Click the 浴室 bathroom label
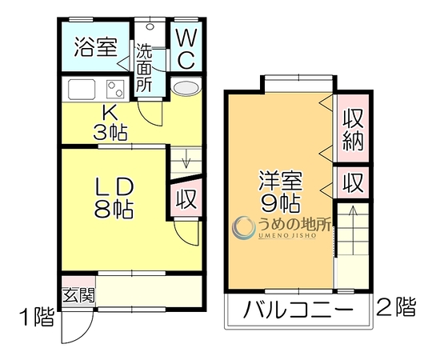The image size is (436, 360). (x=96, y=46)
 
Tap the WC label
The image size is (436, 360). (x=186, y=50)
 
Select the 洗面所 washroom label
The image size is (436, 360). (x=144, y=68)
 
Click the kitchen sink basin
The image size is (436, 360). (x=82, y=89)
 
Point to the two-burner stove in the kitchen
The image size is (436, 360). (x=114, y=89)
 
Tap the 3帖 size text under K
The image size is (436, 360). (x=110, y=133)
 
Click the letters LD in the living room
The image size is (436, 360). (x=114, y=186)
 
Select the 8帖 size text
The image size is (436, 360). (x=114, y=209)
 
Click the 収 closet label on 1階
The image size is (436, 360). (x=187, y=198)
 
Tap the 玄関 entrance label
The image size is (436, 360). (x=78, y=295)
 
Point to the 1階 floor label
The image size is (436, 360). (x=37, y=318)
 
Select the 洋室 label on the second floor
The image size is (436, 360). (x=280, y=181)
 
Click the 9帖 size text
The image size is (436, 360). (x=280, y=203)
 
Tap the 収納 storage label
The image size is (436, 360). (x=353, y=130)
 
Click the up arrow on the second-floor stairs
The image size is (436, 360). (x=353, y=230)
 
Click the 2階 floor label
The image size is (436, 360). (x=396, y=307)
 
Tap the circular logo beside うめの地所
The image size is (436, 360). (x=244, y=228)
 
